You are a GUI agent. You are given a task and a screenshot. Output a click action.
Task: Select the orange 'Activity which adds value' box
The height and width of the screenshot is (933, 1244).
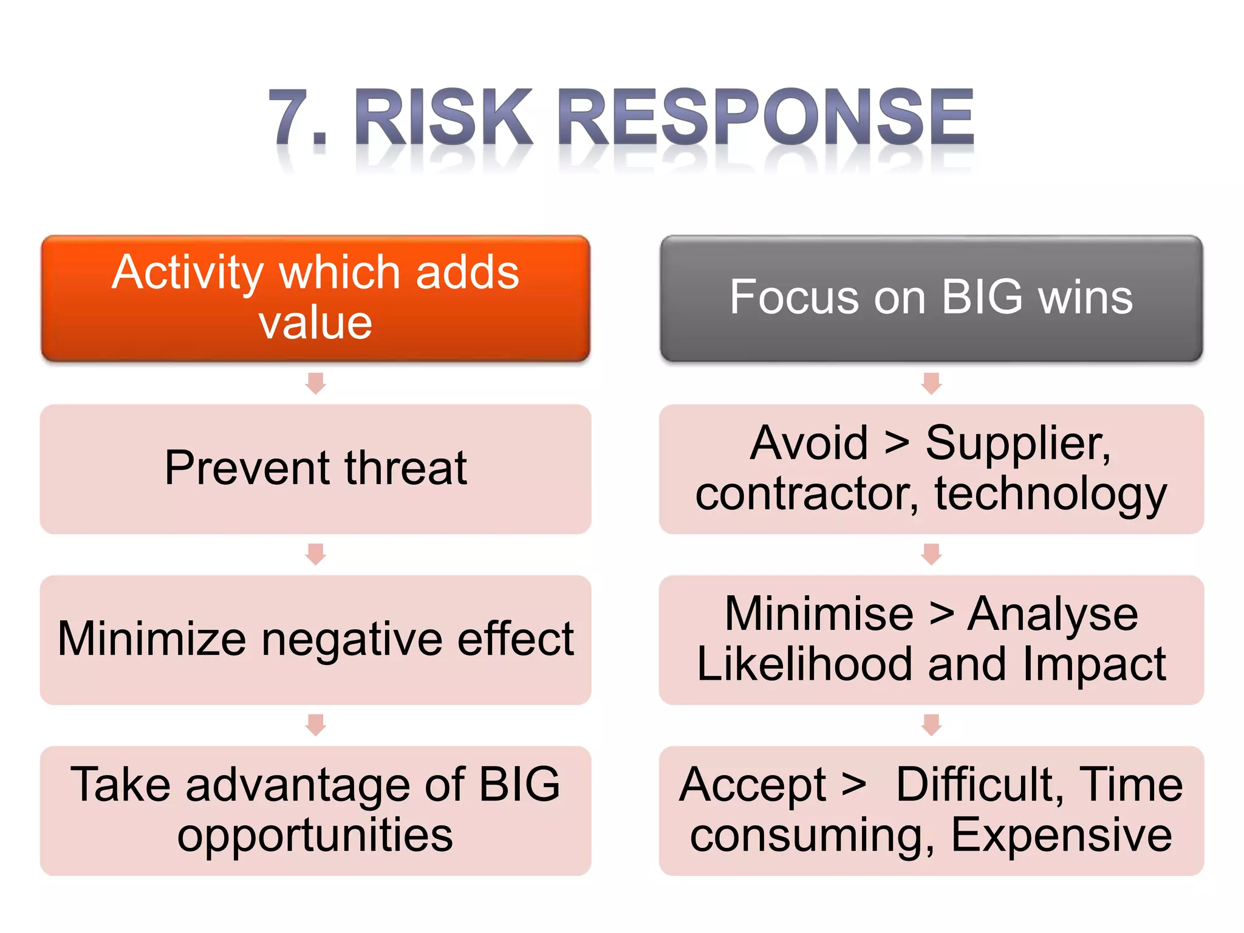coord(315,298)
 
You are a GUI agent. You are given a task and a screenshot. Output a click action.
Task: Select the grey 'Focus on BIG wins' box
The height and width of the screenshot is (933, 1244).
coord(931,298)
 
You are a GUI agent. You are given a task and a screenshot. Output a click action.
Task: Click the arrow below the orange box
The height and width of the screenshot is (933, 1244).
coord(315,383)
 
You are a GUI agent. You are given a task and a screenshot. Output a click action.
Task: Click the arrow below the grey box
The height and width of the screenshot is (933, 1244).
coord(931,383)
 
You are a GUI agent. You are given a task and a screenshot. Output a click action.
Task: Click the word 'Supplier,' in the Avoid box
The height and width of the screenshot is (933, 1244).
coord(1018,443)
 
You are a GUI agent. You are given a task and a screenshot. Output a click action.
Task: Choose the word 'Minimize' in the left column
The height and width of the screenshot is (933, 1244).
coord(151,639)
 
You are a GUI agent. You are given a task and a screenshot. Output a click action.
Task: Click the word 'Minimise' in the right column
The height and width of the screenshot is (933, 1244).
coord(819,614)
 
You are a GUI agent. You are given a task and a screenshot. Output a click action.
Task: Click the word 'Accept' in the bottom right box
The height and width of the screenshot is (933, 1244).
coord(753,785)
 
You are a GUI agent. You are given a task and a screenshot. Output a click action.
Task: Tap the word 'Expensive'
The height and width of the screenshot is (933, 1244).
coord(1061,836)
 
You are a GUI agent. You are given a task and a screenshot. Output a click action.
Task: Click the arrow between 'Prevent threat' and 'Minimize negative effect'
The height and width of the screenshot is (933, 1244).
coord(315,554)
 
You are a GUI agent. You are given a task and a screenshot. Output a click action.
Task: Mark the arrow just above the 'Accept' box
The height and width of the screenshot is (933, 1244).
coord(931,725)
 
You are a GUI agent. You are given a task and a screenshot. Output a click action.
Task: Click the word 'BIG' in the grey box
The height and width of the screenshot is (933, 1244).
coord(982,297)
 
